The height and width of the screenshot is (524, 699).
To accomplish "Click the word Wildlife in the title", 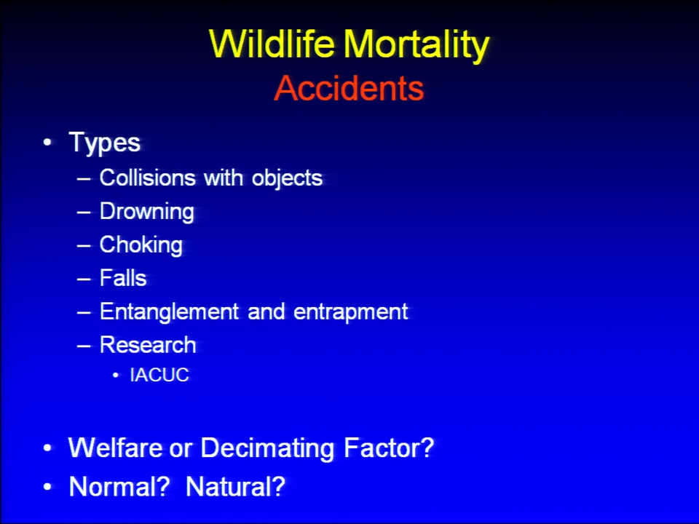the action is (272, 44).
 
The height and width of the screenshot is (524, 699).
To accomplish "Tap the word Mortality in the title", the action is (416, 46).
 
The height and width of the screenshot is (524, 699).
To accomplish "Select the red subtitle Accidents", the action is (349, 88).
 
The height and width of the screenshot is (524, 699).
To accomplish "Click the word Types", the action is (105, 143).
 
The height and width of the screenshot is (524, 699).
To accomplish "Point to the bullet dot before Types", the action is (47, 143).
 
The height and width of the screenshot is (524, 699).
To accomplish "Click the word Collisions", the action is (148, 178).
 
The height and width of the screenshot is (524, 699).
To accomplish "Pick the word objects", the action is (287, 179).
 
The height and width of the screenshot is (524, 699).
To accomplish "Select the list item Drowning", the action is (146, 212).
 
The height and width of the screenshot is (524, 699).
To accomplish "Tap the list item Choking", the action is (141, 245).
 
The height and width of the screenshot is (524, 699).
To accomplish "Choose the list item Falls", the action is (123, 277).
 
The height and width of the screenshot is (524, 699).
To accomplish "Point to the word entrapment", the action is (350, 312).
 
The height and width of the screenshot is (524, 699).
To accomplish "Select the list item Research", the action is (148, 345).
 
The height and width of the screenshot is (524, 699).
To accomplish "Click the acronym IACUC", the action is (159, 375).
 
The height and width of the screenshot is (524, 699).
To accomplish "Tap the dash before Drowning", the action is (83, 212).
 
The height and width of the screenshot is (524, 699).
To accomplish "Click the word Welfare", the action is (115, 448).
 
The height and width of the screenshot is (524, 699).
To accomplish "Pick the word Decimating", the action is (267, 448).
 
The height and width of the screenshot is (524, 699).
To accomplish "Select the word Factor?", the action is (389, 448).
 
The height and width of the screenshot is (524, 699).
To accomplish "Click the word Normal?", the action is (119, 486).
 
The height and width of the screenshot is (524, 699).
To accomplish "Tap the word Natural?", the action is (235, 486).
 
